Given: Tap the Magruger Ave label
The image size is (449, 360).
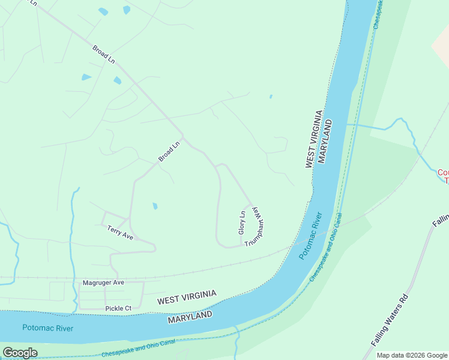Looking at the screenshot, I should pyautogui.click(x=103, y=282).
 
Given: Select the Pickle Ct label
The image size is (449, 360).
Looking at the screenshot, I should pyautogui.click(x=118, y=308).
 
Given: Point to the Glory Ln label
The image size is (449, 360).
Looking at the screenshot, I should pyautogui.click(x=243, y=222).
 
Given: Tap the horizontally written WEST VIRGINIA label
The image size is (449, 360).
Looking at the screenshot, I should pyautogui.click(x=187, y=297).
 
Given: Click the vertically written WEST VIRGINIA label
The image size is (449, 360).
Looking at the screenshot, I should pyautogui.click(x=314, y=139).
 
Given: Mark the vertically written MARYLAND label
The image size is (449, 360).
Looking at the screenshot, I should pyautogui.click(x=325, y=142).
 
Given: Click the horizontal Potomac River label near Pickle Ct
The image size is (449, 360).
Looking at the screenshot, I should pyautogui.click(x=47, y=328).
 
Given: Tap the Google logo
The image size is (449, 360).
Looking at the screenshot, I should pyautogui.click(x=20, y=353).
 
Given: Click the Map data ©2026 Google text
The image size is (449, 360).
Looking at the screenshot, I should pyautogui.click(x=412, y=355).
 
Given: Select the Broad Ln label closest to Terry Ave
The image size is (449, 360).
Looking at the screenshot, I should pyautogui.click(x=169, y=151).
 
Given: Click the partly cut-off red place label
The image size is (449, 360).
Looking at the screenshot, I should pyautogui.click(x=443, y=176).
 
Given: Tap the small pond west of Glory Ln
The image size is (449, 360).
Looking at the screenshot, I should pyautogui.click(x=155, y=206).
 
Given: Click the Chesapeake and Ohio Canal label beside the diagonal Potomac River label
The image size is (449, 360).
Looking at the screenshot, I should pyautogui.click(x=327, y=247).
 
